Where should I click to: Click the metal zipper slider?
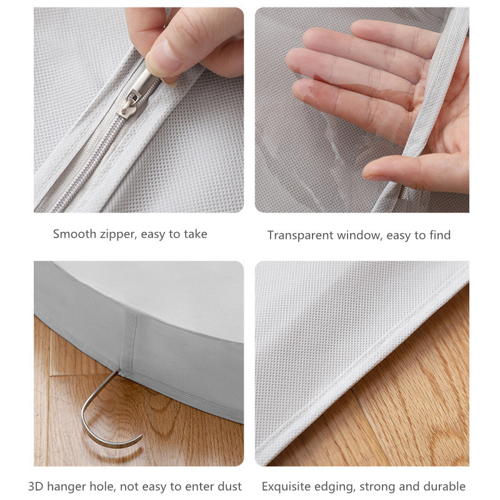tap(137, 92)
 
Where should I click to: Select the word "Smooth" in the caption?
tap(74, 234)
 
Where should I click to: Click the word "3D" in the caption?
tap(36, 487)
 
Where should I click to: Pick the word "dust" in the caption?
tap(229, 487)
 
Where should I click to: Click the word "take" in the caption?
tap(195, 234)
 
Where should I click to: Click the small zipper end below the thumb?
tap(402, 193)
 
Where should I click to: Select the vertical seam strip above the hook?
tap(129, 342)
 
